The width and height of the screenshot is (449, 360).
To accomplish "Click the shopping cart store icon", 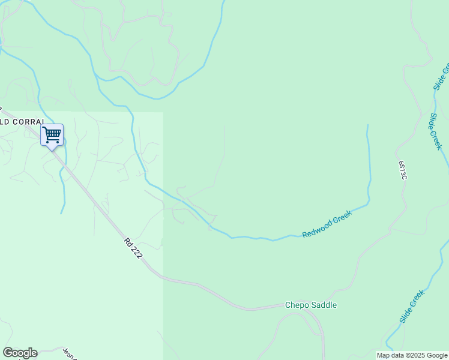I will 52,134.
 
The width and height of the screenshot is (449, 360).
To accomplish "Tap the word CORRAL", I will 27,122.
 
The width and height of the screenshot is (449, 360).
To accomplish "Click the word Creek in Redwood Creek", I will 342,217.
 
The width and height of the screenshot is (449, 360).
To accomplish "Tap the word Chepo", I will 298,305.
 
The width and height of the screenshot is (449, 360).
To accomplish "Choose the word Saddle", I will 325,305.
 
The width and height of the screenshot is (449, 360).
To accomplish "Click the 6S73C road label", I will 402,170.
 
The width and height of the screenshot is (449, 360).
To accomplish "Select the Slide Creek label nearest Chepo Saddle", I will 411,307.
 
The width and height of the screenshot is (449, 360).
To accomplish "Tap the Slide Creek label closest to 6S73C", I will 435,131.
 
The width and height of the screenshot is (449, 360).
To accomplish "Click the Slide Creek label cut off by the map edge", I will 441,76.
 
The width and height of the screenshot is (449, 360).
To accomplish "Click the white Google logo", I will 20,353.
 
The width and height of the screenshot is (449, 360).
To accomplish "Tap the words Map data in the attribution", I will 390,356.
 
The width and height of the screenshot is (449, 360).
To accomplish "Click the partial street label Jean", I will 69,354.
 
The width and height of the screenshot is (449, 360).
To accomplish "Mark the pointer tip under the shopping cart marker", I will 52,149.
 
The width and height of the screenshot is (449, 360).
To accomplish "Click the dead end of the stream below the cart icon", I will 62,213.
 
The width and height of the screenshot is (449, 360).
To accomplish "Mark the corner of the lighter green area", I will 163,113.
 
